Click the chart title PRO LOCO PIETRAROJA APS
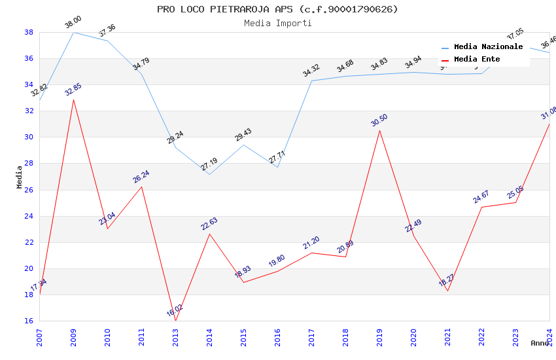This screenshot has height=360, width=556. click(x=277, y=9)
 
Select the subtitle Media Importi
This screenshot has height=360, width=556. click(x=277, y=23)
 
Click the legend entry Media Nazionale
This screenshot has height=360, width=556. click(x=488, y=47)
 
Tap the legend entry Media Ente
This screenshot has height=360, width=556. click(x=477, y=60)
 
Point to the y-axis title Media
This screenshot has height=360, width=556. click(x=19, y=177)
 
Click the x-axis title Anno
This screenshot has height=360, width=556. click(x=540, y=343)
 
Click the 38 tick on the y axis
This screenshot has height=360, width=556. click(x=29, y=32)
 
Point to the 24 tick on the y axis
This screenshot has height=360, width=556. click(x=29, y=216)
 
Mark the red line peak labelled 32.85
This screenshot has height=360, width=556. click(x=73, y=99)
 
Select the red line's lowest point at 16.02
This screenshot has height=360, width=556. click(x=175, y=321)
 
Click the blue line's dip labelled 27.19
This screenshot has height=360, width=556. click(x=209, y=174)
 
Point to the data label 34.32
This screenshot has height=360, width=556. click(x=311, y=71)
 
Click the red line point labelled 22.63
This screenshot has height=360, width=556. click(x=209, y=234)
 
